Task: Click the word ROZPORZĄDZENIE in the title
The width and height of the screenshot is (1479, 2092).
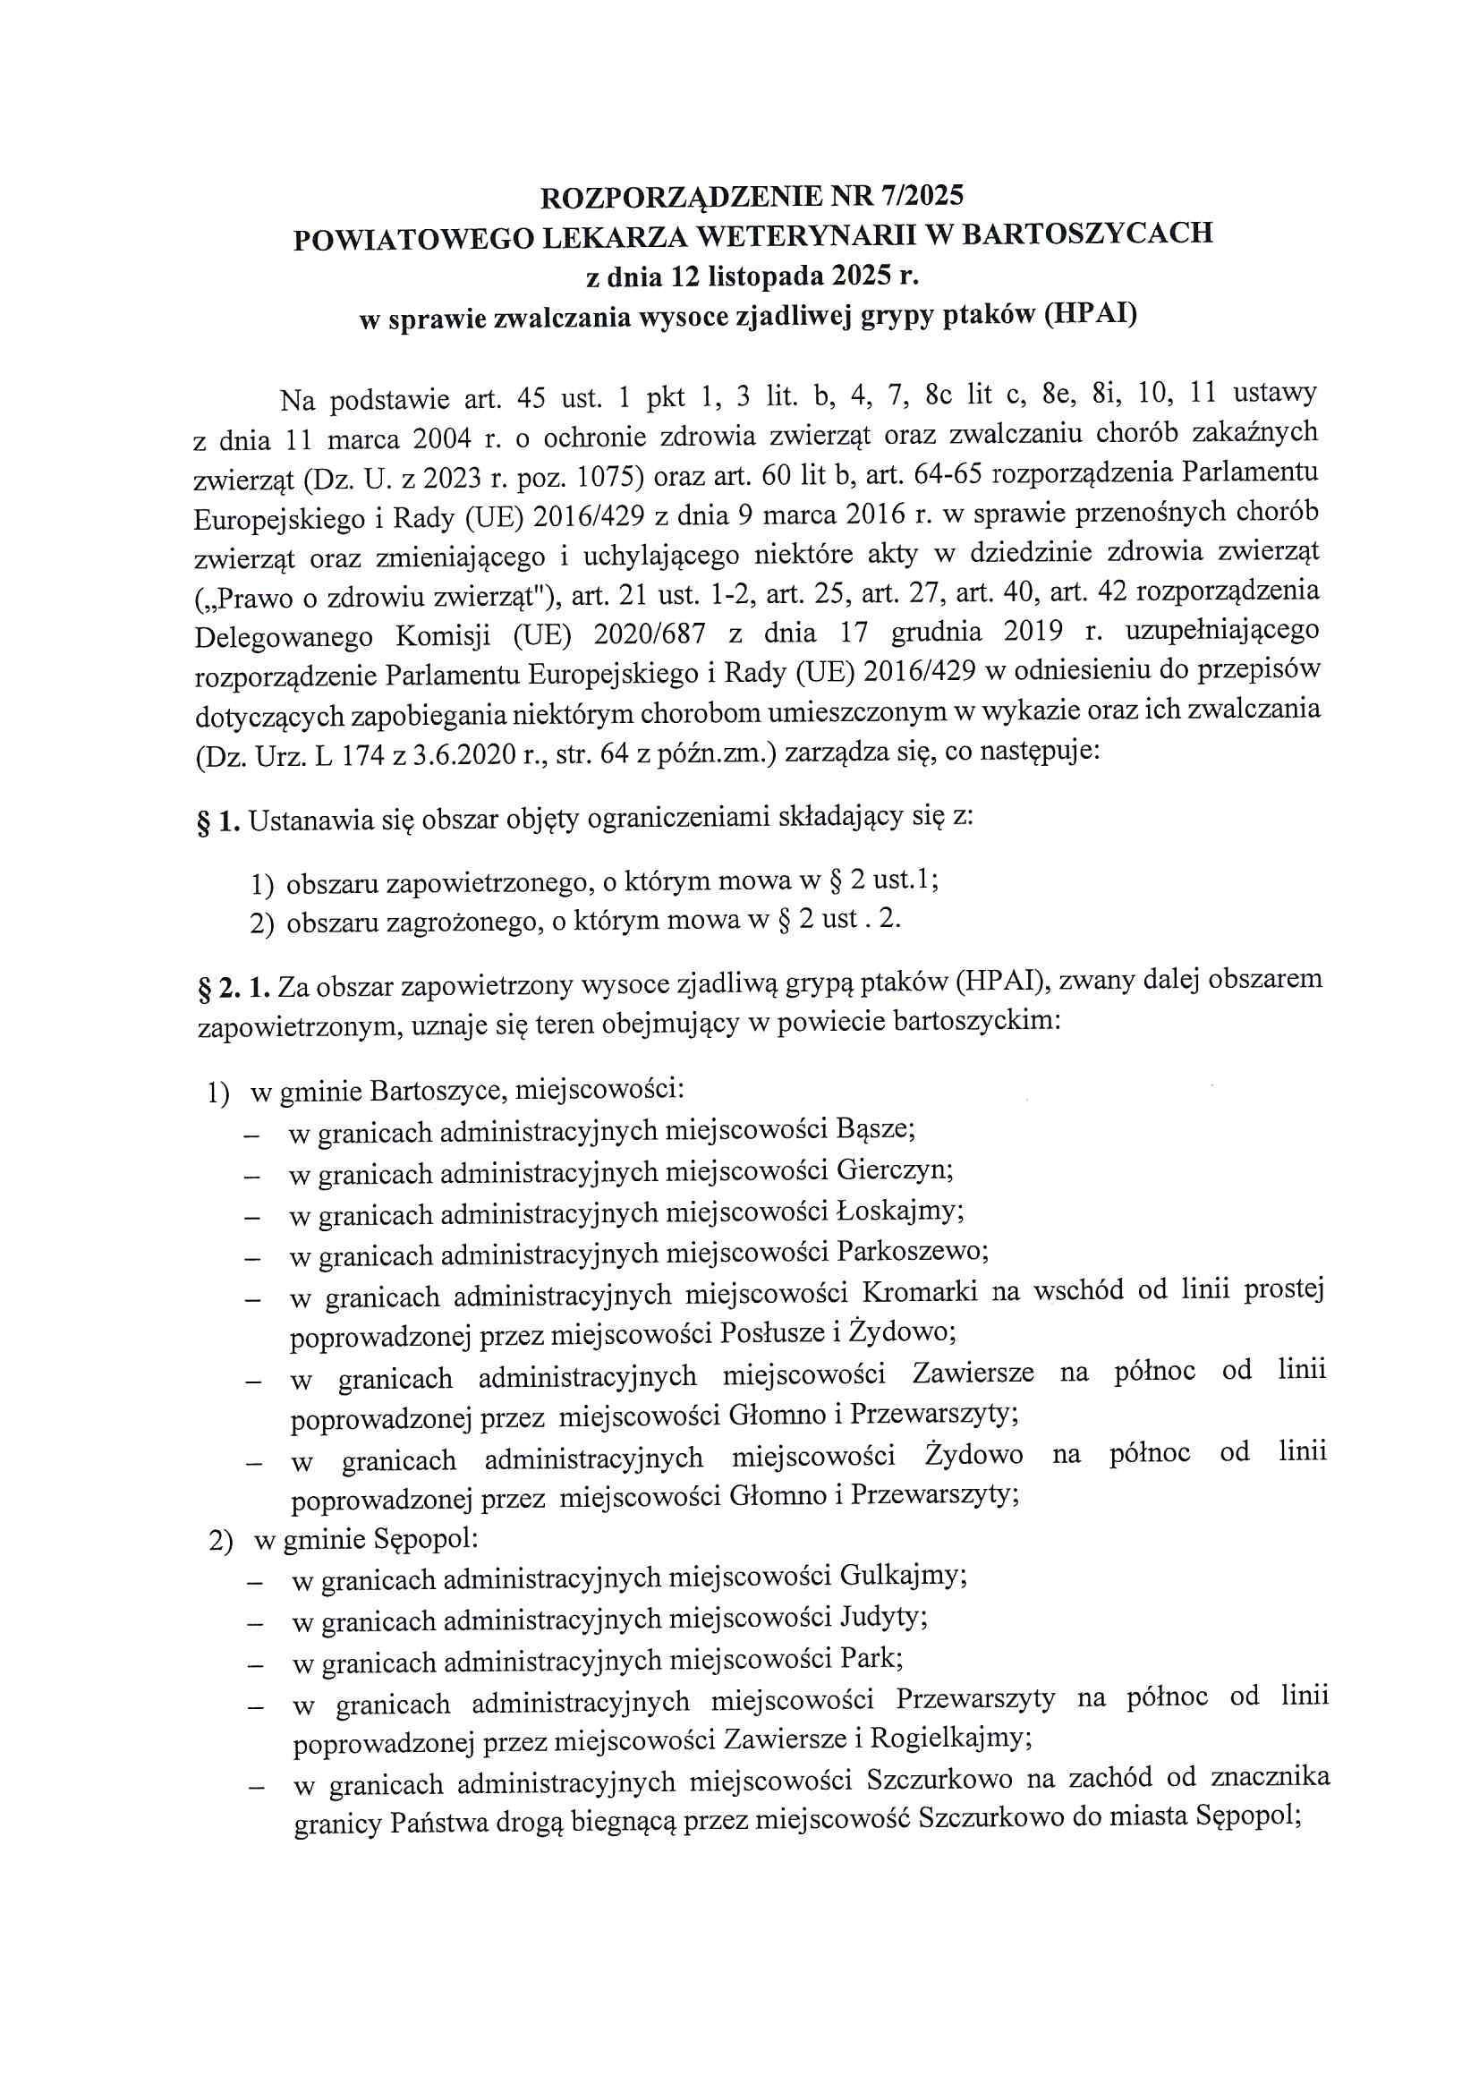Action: click(684, 197)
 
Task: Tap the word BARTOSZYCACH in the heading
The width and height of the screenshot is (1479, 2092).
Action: click(1087, 234)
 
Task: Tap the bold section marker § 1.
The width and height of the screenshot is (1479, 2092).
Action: click(217, 821)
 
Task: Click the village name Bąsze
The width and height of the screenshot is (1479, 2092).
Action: click(874, 1129)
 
